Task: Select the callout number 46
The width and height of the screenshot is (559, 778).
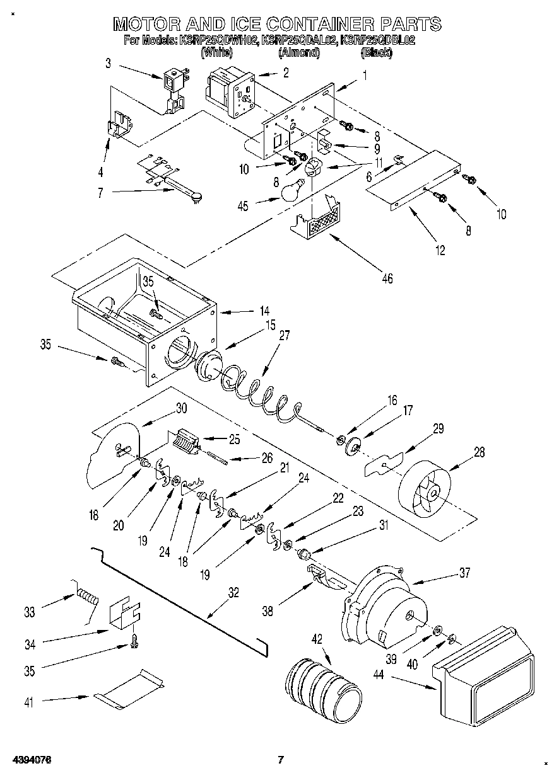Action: [387, 278]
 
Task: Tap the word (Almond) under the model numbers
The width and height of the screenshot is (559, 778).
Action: [298, 53]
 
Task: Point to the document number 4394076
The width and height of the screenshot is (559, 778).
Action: [29, 760]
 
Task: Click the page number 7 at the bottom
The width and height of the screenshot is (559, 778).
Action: [281, 760]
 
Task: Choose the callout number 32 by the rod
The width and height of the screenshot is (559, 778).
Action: [233, 592]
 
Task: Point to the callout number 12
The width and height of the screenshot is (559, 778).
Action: [440, 251]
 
